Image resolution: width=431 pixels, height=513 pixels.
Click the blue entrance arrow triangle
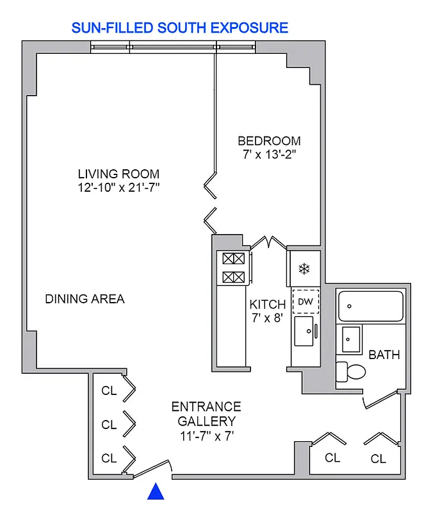(156, 492)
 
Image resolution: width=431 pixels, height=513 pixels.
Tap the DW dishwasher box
(305, 301)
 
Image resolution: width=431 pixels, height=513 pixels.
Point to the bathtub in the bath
(371, 306)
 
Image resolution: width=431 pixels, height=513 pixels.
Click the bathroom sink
(350, 338)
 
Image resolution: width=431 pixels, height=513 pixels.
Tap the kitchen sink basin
(304, 331)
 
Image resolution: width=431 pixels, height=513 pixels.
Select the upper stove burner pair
(233, 259)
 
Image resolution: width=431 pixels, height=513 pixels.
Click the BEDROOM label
(269, 141)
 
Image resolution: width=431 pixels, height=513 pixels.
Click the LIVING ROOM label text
(118, 174)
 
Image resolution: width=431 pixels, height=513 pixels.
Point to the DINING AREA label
(85, 299)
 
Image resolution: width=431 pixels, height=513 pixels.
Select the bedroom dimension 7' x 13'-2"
(269, 155)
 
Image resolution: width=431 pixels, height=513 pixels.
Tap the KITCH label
(267, 304)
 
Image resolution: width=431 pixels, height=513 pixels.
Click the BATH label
(384, 354)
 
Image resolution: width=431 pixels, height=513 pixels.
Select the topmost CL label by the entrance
(110, 391)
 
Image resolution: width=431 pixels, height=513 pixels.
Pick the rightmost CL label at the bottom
(378, 458)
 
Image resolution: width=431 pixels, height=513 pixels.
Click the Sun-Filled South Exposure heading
(180, 28)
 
